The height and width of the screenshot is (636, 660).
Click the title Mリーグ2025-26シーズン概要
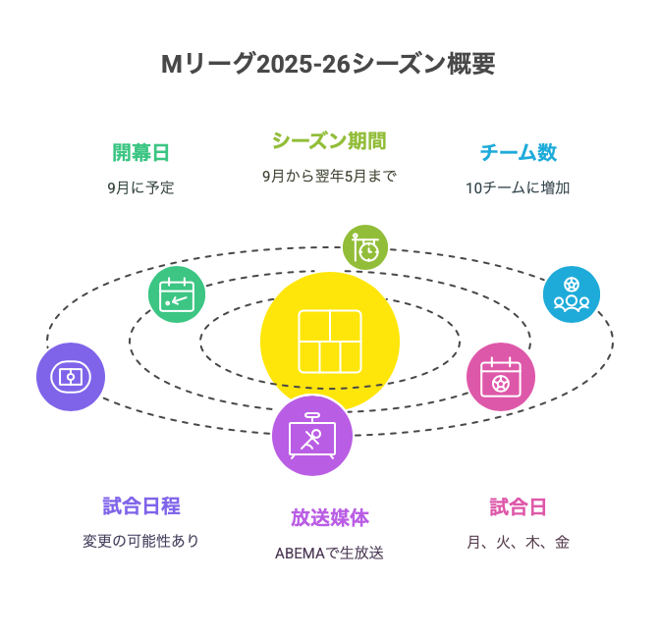(328, 64)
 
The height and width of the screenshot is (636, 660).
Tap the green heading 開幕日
(140, 153)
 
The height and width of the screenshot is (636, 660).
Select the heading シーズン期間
(329, 141)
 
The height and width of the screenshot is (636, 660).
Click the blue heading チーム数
(519, 153)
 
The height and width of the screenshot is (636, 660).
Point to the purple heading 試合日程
(141, 506)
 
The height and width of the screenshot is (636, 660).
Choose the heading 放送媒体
(330, 518)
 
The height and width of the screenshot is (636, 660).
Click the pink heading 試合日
(519, 506)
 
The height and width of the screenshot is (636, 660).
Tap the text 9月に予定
(140, 187)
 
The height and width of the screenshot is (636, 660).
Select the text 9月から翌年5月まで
(329, 176)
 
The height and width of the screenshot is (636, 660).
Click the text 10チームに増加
(518, 187)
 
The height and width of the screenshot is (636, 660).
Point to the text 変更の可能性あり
(141, 541)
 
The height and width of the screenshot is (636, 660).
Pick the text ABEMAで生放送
(329, 554)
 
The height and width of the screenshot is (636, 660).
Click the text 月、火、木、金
(519, 542)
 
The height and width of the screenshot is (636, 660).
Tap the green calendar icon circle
(177, 294)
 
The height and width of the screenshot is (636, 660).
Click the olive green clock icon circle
(365, 247)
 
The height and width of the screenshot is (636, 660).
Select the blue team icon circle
(572, 294)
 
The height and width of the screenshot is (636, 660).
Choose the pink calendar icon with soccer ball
(501, 377)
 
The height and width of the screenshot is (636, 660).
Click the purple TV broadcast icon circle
(312, 436)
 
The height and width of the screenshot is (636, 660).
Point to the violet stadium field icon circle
(71, 377)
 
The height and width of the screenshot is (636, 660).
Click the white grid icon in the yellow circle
(330, 342)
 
